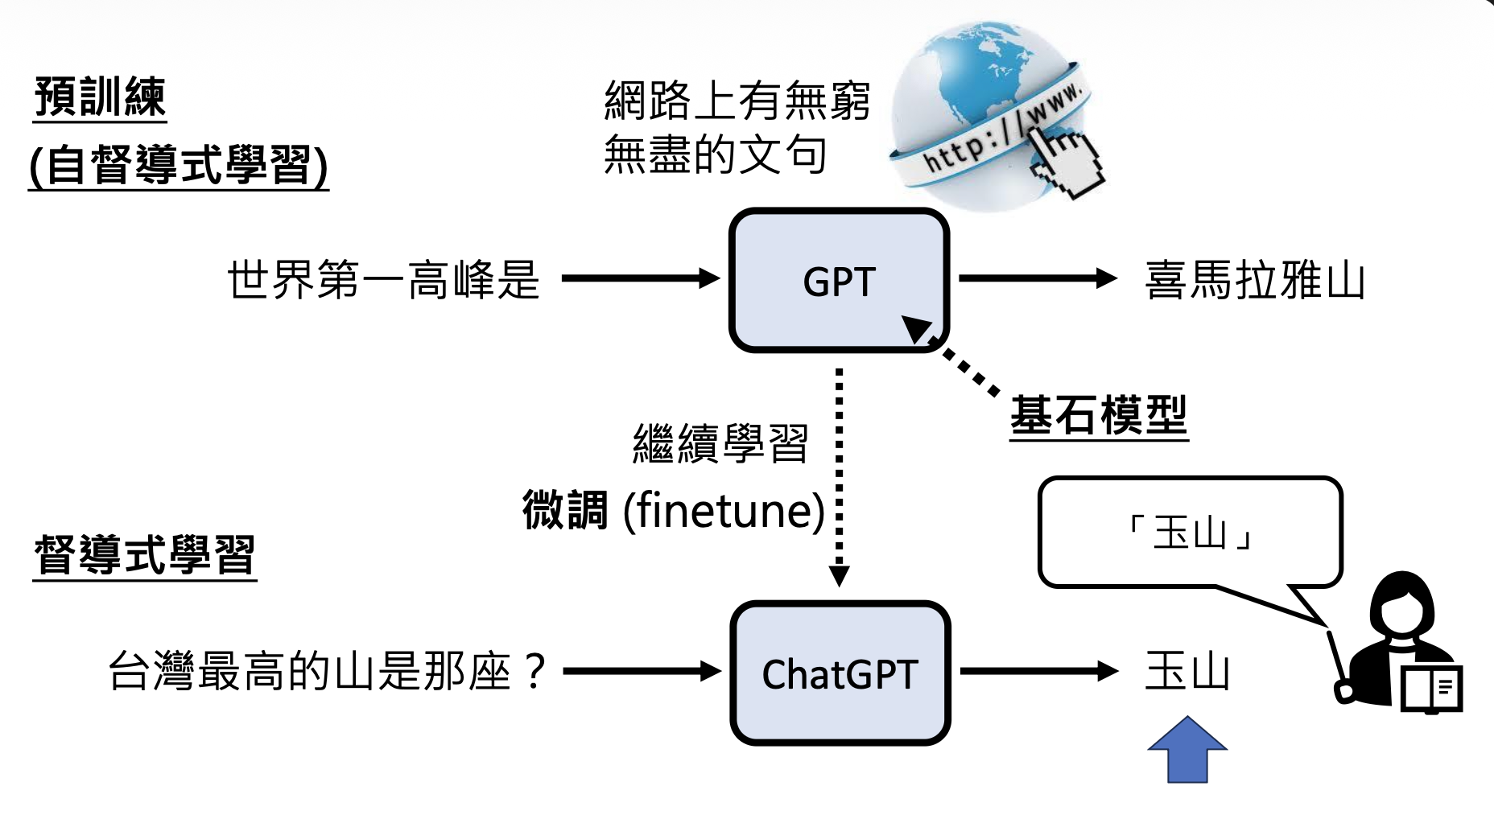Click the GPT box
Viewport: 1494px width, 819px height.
point(839,280)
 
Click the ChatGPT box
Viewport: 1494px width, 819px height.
point(840,673)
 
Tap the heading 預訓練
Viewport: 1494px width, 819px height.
point(100,98)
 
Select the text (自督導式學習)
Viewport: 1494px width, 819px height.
point(179,166)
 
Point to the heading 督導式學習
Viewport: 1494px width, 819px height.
point(145,555)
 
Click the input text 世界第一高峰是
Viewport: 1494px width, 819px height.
point(383,280)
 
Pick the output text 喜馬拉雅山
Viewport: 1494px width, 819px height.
point(1254,280)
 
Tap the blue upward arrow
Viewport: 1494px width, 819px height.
point(1187,750)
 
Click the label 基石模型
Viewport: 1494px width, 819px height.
point(1099,415)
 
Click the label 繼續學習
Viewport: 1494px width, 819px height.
point(720,443)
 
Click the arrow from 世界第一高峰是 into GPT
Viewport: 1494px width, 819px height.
point(640,279)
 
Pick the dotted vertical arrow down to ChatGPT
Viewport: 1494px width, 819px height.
point(839,475)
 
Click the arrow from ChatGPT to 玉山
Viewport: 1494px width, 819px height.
point(1038,671)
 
